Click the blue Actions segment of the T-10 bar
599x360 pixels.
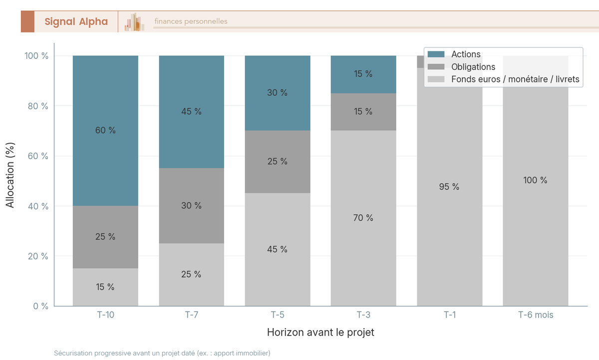[x=105, y=131]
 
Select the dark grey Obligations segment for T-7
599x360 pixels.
[x=192, y=206]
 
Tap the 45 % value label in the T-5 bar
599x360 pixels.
[x=278, y=249]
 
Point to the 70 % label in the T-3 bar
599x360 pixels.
[x=363, y=218]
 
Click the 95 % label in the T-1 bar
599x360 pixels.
[x=449, y=186]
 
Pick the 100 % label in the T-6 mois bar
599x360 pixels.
[x=535, y=180]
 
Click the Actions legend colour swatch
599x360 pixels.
[x=436, y=54]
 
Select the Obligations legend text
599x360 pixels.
[x=473, y=66]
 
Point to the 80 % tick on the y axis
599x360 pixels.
[x=38, y=106]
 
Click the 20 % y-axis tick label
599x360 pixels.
[x=38, y=256]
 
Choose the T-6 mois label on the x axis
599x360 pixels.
[x=536, y=315]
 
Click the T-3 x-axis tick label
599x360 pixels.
[x=363, y=315]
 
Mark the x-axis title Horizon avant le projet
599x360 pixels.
[x=320, y=332]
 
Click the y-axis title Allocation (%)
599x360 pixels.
[x=10, y=175]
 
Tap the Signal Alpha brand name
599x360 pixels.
[x=76, y=21]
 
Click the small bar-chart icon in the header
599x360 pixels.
[x=134, y=21]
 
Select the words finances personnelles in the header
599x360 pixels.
[x=191, y=21]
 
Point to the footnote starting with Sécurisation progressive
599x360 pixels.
[x=162, y=353]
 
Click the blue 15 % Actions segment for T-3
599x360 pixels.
[x=363, y=74]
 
